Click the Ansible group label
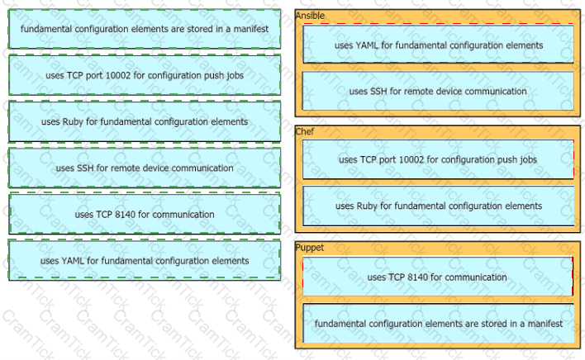coord(310,16)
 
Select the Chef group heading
coord(304,131)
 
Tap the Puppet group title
coord(310,248)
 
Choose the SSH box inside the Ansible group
coord(438,91)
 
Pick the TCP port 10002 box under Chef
coord(439,159)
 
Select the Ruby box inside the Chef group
coord(439,206)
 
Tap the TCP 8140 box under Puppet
coord(438,277)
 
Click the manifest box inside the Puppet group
coord(439,324)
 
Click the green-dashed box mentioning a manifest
coord(145,29)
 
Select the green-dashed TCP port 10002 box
coord(145,75)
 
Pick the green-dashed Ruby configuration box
coord(145,121)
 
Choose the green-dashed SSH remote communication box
coord(145,168)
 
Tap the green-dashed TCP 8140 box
coord(145,214)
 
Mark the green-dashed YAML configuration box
coord(145,260)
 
